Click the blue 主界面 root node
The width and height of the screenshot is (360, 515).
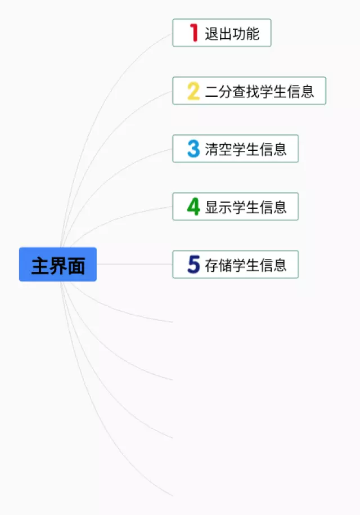tap(58, 265)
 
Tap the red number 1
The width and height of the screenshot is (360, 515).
tap(194, 33)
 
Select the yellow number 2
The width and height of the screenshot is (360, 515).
tap(193, 91)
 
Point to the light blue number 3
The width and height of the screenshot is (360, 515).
tap(193, 149)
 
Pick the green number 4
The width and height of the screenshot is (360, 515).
tap(193, 207)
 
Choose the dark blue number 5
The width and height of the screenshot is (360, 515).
tap(193, 265)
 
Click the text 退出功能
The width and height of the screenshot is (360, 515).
tap(232, 33)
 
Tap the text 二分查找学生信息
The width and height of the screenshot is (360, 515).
tap(259, 91)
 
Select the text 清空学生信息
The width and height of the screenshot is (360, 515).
tap(246, 149)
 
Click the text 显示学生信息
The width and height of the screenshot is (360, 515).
tap(246, 207)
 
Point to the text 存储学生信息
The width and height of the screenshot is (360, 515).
tap(246, 265)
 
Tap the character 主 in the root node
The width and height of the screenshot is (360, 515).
tap(40, 266)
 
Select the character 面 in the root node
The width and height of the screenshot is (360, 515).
tap(76, 266)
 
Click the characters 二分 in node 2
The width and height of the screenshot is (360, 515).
tap(218, 91)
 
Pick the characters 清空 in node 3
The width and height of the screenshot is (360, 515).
tap(218, 149)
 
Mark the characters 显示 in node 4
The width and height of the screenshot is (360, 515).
tap(218, 207)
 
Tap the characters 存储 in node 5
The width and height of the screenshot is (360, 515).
tap(218, 265)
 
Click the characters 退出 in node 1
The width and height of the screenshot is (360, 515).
tap(218, 33)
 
